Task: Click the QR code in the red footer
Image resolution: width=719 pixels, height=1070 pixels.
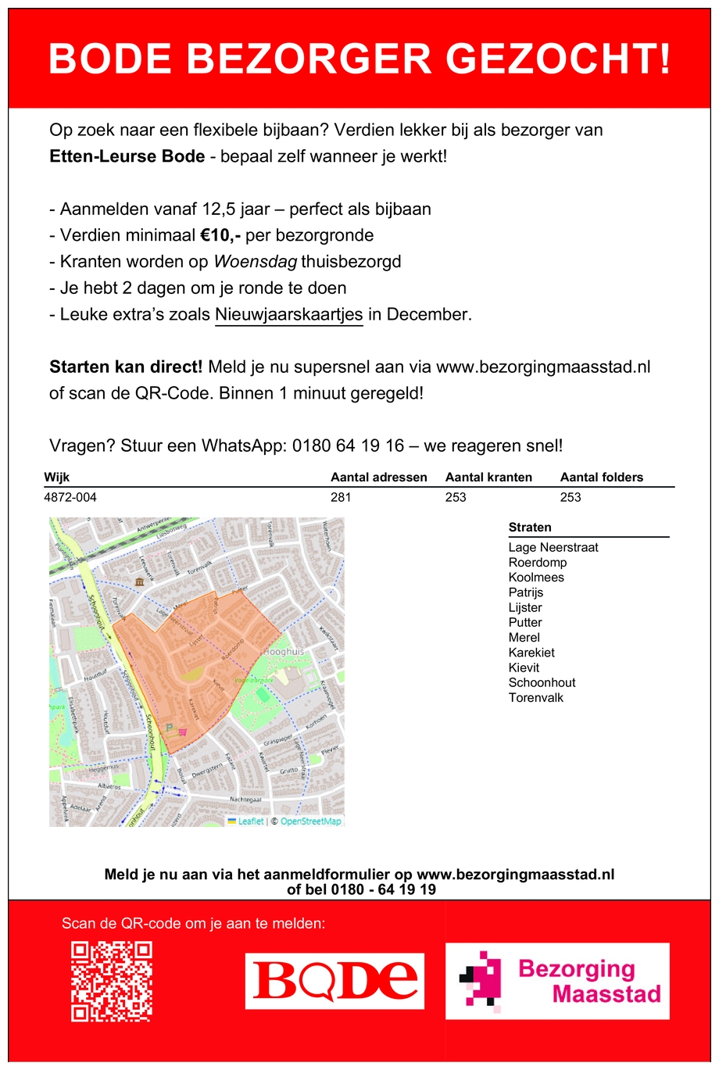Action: coord(111,981)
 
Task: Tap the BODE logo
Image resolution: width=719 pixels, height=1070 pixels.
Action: coord(334,981)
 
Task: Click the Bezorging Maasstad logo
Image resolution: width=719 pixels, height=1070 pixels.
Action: coord(557,981)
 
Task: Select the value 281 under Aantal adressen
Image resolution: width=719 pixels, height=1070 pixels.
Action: coord(341,497)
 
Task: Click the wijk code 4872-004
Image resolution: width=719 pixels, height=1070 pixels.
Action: coord(70,497)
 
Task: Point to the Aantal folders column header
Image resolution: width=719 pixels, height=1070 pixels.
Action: coord(601,478)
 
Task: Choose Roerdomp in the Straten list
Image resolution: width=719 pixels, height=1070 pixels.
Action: coord(538,563)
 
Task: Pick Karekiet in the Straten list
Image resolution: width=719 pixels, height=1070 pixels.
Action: coord(531,653)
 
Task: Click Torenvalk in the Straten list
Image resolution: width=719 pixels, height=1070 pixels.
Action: coord(535,698)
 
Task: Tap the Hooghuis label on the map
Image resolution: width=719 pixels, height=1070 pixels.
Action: coord(284,651)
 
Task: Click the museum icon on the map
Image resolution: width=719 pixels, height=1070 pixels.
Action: coord(139,582)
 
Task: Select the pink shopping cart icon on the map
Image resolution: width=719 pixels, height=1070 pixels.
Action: coord(183,732)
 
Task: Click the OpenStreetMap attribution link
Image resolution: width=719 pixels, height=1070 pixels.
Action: coord(310,821)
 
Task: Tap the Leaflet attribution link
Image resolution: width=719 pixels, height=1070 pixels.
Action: coord(250,821)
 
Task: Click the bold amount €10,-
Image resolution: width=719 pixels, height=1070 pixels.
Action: coord(220,235)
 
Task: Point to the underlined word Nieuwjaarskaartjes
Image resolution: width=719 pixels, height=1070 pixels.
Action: coord(288,314)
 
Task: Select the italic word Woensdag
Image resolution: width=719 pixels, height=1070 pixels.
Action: coord(255,262)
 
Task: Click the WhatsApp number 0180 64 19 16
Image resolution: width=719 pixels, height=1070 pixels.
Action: coord(349,446)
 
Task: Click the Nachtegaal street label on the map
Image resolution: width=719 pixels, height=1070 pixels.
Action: coord(245,800)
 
